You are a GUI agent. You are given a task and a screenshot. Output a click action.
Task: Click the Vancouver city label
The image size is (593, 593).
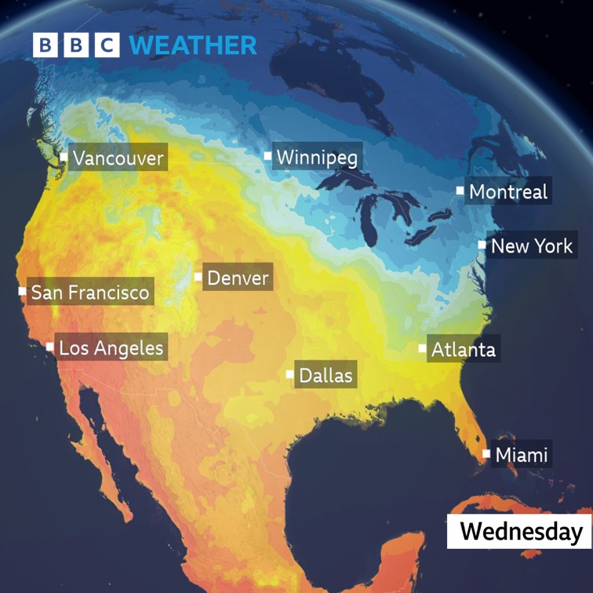click(x=118, y=158)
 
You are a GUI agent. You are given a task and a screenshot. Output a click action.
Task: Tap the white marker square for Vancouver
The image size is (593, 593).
click(x=64, y=158)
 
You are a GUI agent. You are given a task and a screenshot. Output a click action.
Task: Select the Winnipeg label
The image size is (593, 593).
click(x=317, y=158)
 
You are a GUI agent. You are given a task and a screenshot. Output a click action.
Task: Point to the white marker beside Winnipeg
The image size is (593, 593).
click(x=268, y=157)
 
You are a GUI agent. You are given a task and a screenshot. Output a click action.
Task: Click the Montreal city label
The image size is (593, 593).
click(x=508, y=191)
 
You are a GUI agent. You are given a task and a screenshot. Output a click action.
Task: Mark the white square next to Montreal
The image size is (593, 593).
click(x=460, y=191)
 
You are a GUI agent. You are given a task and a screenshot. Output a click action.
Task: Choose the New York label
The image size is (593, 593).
click(x=531, y=246)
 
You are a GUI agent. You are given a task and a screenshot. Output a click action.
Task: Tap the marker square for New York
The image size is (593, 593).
click(x=482, y=246)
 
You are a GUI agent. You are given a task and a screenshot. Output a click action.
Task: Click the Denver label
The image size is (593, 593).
click(x=238, y=278)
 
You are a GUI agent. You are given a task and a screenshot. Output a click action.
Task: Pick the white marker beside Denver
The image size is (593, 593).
click(x=198, y=277)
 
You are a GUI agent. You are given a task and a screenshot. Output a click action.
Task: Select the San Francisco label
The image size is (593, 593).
click(x=89, y=293)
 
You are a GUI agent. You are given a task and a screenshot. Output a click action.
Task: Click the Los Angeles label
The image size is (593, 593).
click(x=111, y=347)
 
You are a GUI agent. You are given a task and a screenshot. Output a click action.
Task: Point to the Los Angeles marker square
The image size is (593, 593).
click(x=50, y=347)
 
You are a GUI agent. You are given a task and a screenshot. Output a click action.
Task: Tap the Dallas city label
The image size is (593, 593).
click(x=326, y=375)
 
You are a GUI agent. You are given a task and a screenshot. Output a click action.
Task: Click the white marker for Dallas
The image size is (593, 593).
click(x=290, y=374)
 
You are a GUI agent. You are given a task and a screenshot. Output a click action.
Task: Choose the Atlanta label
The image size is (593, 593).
click(x=463, y=349)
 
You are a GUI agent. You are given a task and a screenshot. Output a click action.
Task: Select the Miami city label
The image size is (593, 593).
click(x=522, y=454)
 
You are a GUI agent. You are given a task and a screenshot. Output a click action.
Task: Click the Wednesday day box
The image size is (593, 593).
click(x=520, y=532)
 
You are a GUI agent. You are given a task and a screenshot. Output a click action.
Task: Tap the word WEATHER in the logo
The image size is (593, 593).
click(x=193, y=45)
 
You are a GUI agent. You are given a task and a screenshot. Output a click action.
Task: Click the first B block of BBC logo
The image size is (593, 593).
click(x=45, y=45)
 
